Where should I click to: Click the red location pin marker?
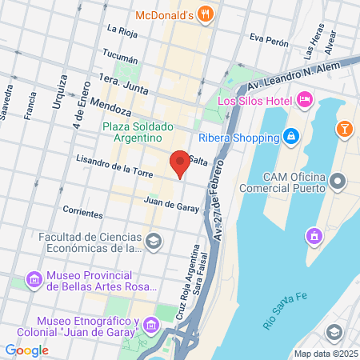pos(180,164)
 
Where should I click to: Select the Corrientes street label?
pos(82,214)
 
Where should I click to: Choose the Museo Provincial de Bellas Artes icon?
pos(34,280)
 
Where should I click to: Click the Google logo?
pos(26,350)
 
